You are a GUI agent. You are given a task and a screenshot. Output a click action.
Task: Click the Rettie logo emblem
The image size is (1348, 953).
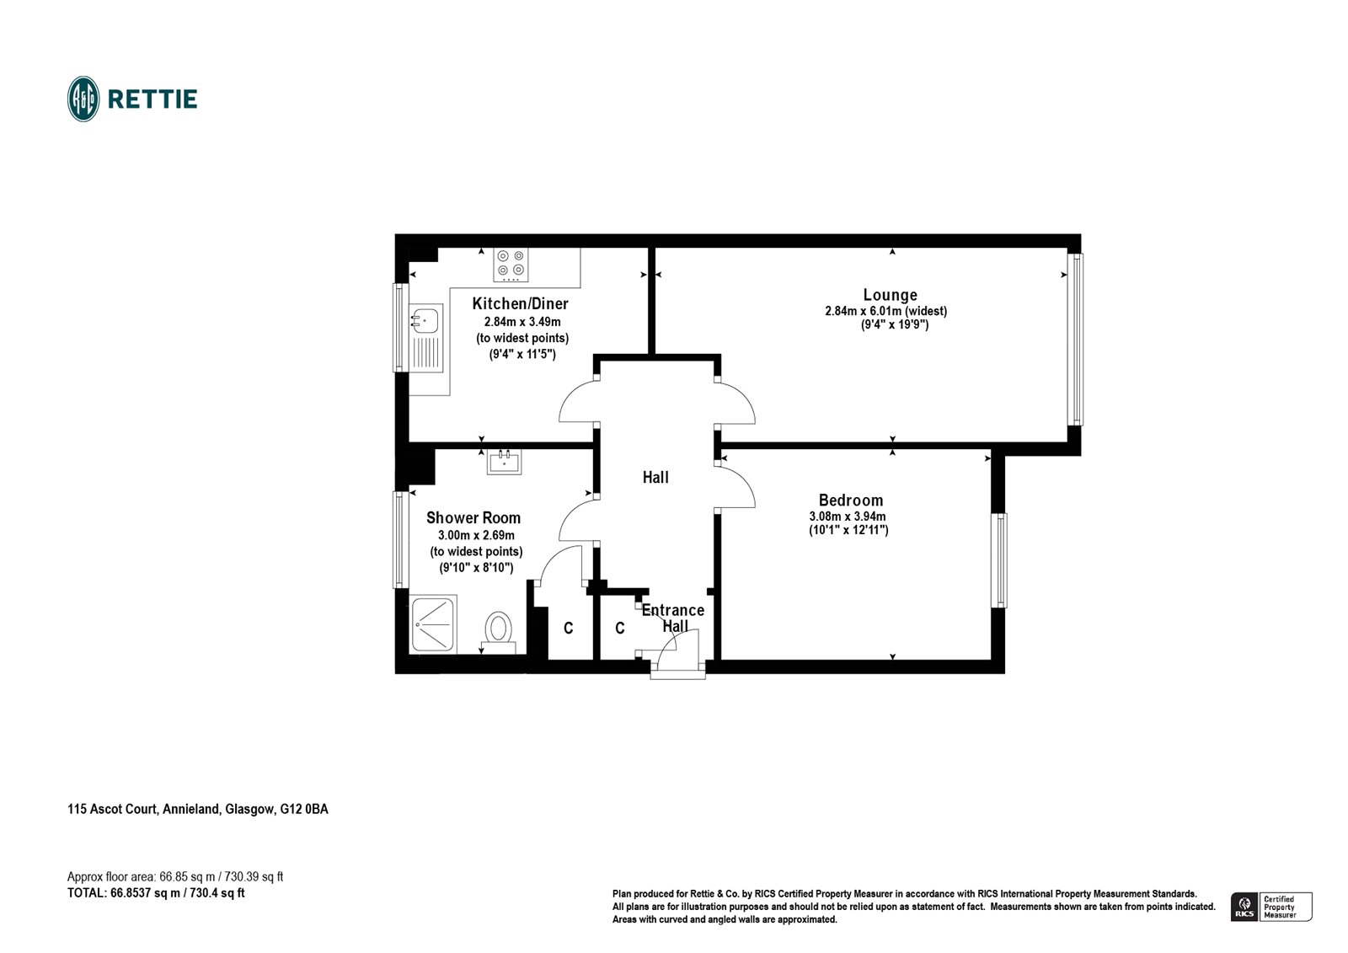83,99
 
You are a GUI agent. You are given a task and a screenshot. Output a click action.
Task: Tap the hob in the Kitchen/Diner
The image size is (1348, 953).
511,265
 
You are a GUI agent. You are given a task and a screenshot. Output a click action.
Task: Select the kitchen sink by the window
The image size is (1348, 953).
425,320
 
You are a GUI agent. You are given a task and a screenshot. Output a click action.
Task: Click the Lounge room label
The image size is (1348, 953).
890,295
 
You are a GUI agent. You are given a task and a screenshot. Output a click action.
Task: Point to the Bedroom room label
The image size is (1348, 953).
850,501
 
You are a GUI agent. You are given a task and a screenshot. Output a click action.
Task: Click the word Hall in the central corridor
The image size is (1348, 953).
655,478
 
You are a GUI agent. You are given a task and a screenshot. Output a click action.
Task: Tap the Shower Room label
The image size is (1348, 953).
473,518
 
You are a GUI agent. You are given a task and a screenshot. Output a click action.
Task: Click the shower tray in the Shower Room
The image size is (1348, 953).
434,624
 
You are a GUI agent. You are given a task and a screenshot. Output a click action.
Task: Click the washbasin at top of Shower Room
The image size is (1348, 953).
504,462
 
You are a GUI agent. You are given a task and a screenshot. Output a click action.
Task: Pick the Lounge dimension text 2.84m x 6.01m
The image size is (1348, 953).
885,311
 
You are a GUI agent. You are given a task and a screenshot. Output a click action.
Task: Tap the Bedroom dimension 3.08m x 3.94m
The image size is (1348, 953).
848,517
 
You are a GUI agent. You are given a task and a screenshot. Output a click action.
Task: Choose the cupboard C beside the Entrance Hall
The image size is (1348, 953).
620,629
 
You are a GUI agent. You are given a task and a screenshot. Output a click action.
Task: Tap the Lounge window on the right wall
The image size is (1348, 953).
1075,339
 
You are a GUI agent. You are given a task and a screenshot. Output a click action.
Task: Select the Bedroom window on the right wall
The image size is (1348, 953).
998,560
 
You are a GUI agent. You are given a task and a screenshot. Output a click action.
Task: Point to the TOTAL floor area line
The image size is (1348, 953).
156,893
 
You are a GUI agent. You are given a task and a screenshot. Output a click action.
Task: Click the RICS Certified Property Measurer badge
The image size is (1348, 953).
1271,907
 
